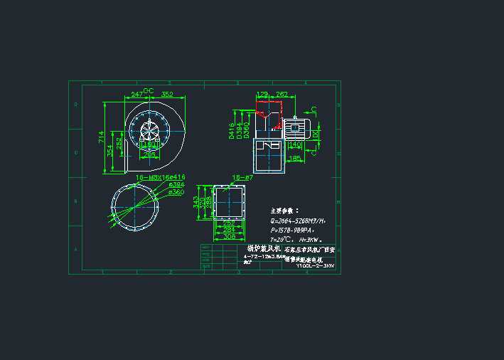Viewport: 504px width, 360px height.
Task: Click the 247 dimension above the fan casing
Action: pos(136,94)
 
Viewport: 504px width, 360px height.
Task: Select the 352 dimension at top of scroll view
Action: pos(168,94)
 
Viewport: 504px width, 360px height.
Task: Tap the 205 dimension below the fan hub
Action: pos(149,154)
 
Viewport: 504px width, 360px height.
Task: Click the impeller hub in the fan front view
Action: pos(150,132)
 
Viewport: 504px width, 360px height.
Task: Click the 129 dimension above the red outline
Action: pos(262,94)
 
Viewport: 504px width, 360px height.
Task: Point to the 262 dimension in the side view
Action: pos(282,94)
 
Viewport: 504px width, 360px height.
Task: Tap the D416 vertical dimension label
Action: pos(232,131)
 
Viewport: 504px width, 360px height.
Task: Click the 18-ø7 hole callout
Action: pos(242,176)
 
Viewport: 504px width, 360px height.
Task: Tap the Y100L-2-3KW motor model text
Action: pos(315,266)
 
